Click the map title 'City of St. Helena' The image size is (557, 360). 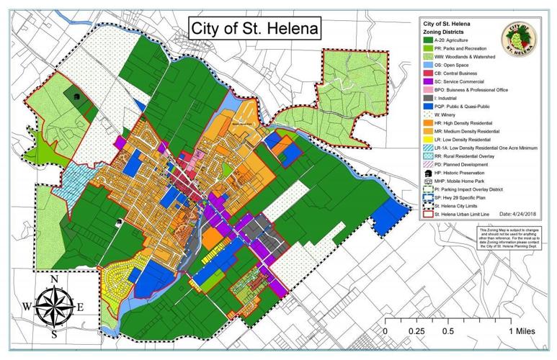[254, 30]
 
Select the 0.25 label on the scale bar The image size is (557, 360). [416, 331]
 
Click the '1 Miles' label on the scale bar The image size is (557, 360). [520, 331]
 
